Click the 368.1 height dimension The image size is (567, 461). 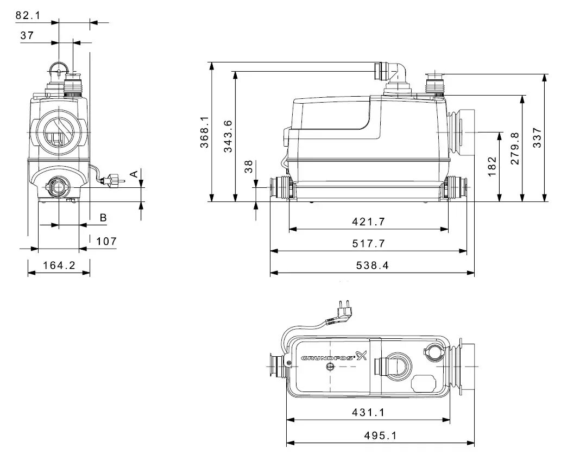(x=204, y=132)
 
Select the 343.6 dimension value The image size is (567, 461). (x=228, y=136)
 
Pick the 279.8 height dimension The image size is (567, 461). (x=515, y=148)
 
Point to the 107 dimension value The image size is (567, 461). (x=106, y=241)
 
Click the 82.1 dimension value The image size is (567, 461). (x=28, y=16)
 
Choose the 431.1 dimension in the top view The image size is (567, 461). (x=367, y=413)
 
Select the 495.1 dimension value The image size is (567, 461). (x=380, y=436)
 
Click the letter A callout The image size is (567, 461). (x=133, y=174)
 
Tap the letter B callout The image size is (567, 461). (x=103, y=218)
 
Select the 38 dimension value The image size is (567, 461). (x=249, y=167)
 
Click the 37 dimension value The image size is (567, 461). (x=27, y=35)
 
